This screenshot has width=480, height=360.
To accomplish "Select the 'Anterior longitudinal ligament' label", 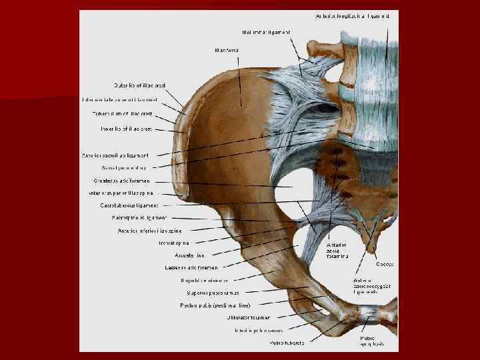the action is [357, 15].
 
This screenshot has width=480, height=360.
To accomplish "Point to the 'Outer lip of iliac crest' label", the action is [140, 85].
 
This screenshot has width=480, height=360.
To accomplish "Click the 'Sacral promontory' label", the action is [129, 167].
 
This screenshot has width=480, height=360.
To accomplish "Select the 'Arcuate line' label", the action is [190, 255].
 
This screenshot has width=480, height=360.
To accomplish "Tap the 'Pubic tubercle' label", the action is [287, 343].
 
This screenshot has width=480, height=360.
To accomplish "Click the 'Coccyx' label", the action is [385, 264].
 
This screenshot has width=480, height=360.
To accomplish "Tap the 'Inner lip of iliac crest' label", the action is [127, 128].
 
